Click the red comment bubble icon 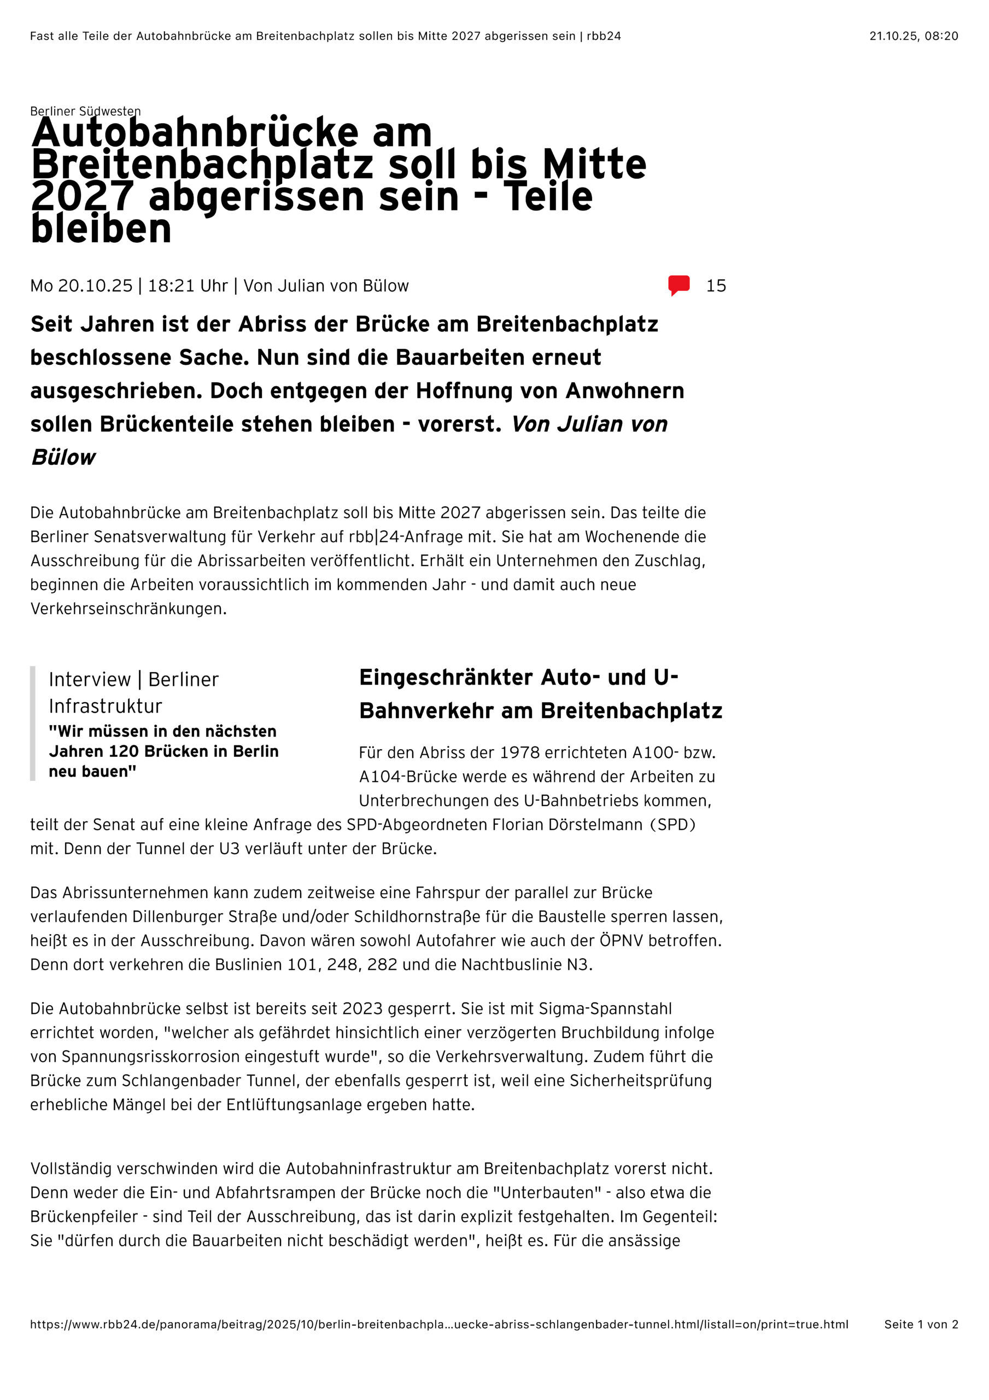(x=678, y=285)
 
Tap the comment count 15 (x=716, y=286)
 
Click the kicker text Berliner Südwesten (x=85, y=111)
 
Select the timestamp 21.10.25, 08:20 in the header (x=913, y=36)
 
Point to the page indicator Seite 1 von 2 (x=921, y=1324)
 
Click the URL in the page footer (x=439, y=1324)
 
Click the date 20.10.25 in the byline (x=95, y=286)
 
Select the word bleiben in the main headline (x=101, y=230)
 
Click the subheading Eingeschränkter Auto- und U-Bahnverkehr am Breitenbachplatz (x=540, y=694)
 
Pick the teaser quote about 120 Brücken (x=163, y=751)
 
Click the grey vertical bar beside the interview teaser (x=33, y=723)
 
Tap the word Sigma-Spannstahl (x=605, y=1008)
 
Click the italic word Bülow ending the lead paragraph (x=63, y=457)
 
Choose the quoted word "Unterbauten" (x=552, y=1192)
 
